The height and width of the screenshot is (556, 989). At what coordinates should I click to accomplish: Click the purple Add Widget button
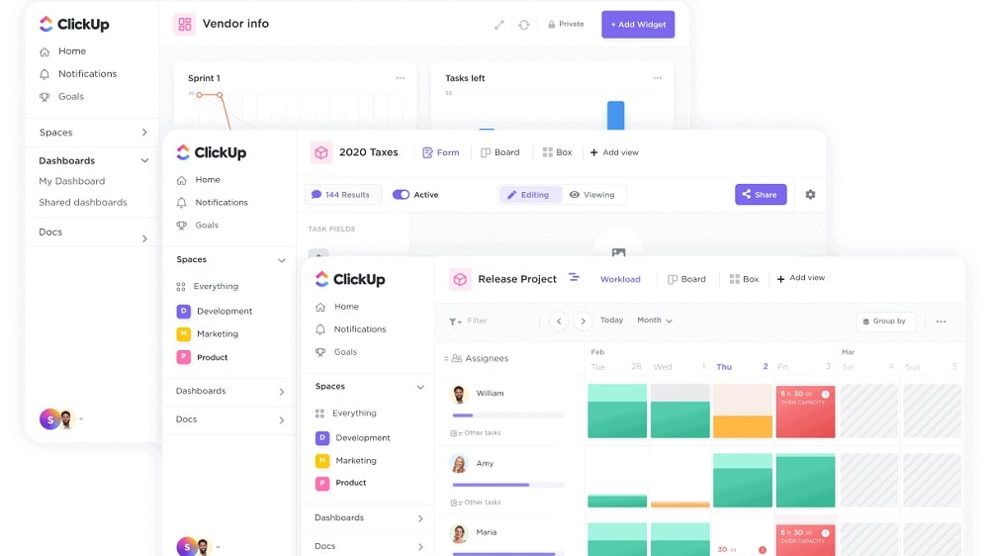[638, 25]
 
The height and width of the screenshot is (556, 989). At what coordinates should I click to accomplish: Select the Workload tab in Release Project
[620, 279]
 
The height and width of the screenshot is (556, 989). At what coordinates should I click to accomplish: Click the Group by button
[885, 321]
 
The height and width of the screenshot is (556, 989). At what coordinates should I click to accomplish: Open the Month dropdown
[655, 321]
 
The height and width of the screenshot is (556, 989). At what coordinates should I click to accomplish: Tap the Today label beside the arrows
[611, 321]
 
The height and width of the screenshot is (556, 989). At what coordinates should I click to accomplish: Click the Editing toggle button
[529, 195]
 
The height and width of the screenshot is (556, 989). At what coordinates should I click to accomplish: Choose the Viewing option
[592, 195]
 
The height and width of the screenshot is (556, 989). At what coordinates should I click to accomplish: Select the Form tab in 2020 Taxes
[441, 152]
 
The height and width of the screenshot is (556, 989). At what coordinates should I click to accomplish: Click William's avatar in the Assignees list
[459, 394]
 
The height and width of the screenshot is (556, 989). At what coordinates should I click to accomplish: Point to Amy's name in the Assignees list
[485, 463]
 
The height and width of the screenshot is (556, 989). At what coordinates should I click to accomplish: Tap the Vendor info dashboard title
[235, 24]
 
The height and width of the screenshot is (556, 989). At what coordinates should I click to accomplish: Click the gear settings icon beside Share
[810, 195]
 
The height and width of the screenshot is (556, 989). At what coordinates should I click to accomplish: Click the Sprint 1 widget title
[204, 78]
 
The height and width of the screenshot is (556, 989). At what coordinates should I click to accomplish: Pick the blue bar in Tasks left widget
[615, 115]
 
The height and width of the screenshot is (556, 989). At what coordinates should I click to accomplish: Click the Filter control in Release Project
[469, 321]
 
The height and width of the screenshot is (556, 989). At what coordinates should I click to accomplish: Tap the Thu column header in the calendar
[724, 367]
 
